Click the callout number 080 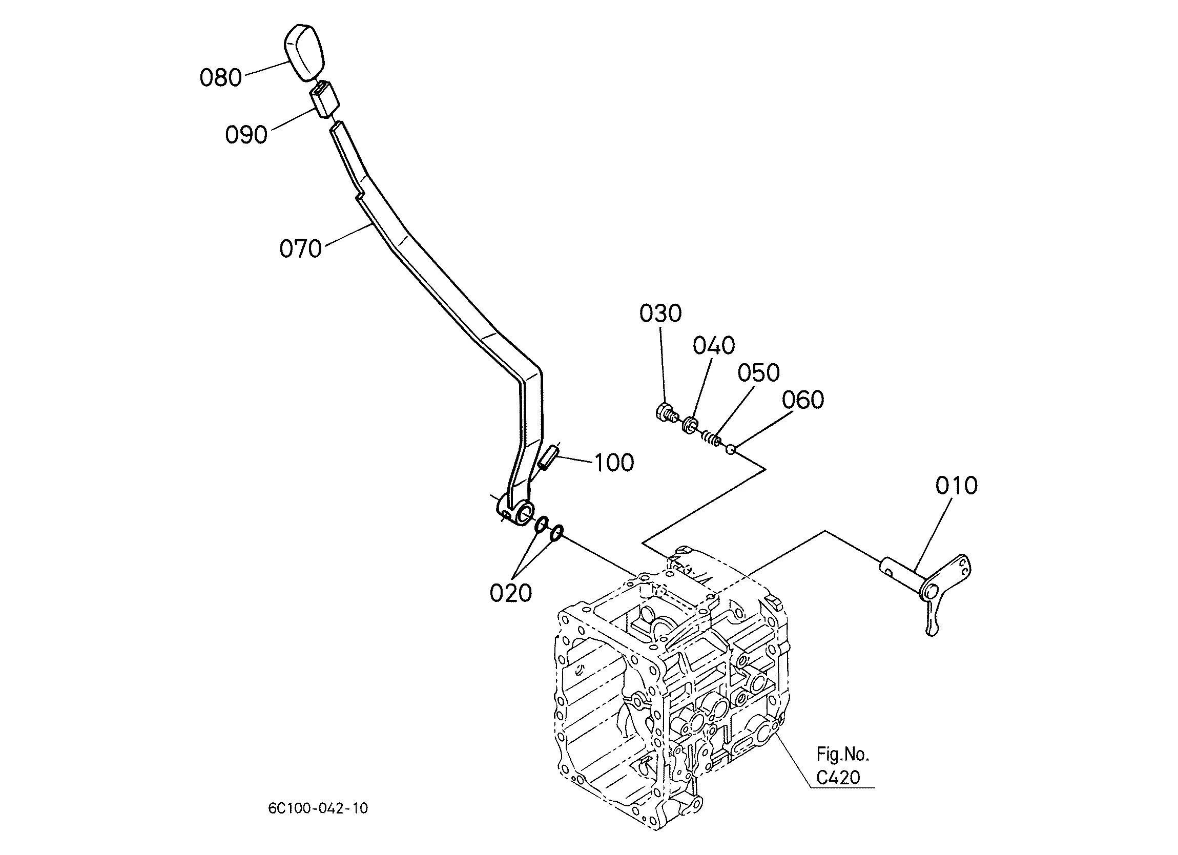221,77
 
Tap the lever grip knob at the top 304,52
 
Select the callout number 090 246,135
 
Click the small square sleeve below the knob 325,99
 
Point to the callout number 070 301,248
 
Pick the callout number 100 614,462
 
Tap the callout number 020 510,593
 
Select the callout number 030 660,313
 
